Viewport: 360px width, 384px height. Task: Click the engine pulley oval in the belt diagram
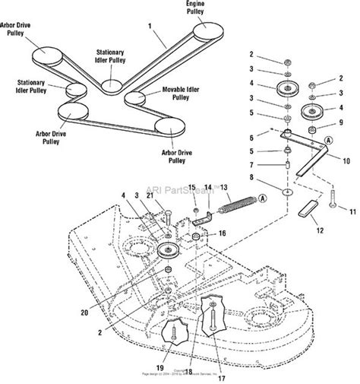[x=206, y=30]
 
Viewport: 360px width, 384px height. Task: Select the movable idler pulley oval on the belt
[x=134, y=97]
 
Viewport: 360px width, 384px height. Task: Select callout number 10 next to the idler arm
[x=346, y=161]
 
